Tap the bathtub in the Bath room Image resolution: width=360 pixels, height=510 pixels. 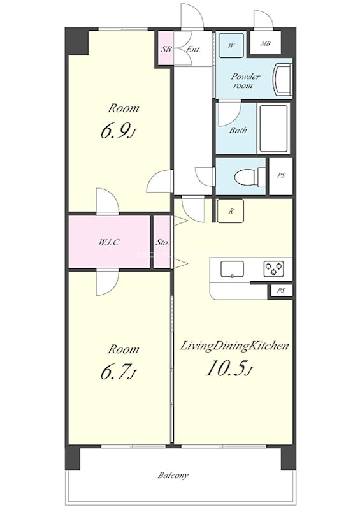click(x=274, y=128)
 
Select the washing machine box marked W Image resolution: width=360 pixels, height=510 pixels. click(x=231, y=45)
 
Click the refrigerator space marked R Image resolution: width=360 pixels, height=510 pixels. click(x=231, y=211)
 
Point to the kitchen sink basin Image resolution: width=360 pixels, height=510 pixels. click(x=232, y=269)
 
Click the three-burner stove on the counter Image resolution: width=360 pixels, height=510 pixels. click(x=273, y=269)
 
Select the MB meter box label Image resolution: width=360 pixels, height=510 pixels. click(x=266, y=43)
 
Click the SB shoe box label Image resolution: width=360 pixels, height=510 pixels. click(x=166, y=50)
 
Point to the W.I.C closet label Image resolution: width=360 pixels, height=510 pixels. click(x=109, y=242)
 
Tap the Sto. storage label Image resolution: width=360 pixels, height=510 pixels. click(x=162, y=242)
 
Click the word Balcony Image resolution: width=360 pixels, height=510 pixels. click(x=173, y=476)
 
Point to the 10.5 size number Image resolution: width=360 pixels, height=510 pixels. click(x=225, y=368)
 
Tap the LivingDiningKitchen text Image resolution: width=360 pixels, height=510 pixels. click(x=234, y=346)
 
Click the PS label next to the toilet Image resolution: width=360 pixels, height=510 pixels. click(x=281, y=175)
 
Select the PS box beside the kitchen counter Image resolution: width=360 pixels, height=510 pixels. click(x=280, y=291)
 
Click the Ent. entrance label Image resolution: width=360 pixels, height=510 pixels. click(x=193, y=50)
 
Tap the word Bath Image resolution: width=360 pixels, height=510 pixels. click(x=238, y=130)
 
